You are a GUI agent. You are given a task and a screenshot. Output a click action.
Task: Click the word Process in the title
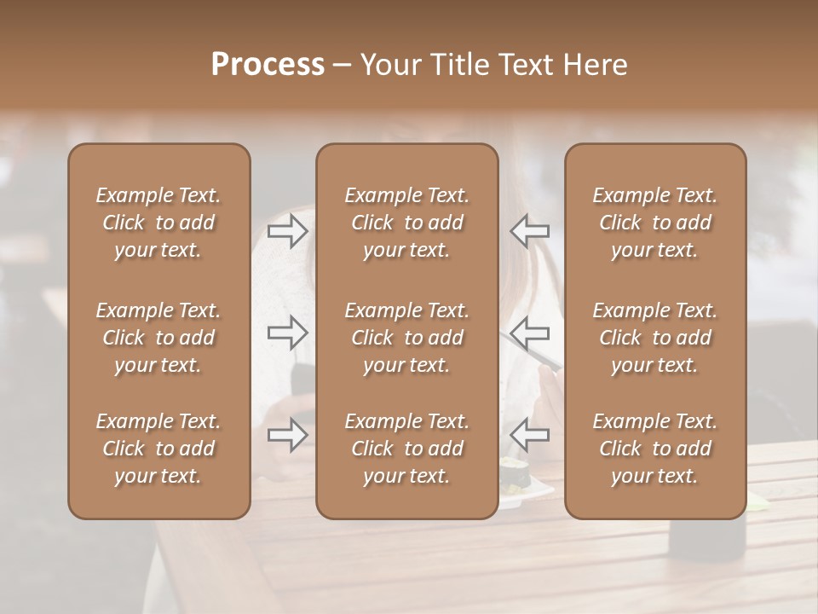268,65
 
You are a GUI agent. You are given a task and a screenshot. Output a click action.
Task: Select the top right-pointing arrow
287,230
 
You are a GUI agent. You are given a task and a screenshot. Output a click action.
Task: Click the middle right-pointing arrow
287,333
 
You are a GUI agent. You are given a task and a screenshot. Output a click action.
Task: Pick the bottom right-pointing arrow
287,435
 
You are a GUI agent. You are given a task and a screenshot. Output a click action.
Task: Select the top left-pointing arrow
529,230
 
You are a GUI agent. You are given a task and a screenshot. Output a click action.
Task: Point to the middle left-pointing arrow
529,333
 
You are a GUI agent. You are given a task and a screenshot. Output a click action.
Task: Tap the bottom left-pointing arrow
529,435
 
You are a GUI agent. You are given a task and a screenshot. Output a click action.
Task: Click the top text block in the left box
158,223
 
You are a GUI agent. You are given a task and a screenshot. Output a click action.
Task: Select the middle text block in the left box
158,338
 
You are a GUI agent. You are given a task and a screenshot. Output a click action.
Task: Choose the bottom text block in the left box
158,449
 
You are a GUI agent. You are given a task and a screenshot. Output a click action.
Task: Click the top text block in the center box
406,223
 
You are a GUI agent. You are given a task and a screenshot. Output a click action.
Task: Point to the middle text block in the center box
406,338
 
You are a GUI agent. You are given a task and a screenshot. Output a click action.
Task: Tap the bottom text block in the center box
406,449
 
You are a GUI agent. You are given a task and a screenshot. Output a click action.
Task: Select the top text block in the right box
655,223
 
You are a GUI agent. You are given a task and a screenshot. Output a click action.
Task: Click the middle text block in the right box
655,338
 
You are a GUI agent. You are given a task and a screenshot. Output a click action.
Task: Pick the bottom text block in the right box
655,449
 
